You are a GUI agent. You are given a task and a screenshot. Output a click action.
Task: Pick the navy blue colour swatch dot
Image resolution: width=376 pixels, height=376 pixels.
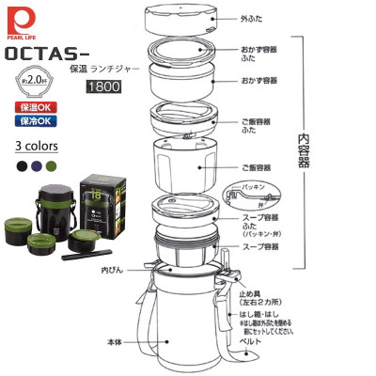37,164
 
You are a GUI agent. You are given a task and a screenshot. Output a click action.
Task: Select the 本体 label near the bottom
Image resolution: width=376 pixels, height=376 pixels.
116,342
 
